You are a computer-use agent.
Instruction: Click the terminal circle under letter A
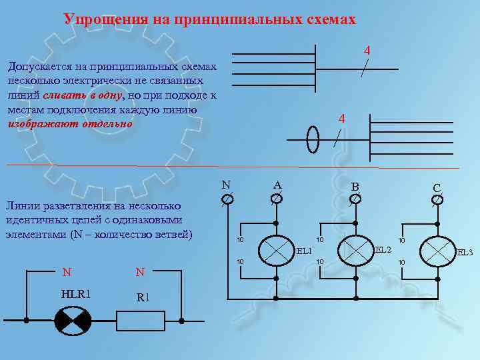coord(276,198)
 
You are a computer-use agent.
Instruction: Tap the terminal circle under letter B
coord(355,198)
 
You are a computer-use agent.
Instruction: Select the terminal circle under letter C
coord(437,199)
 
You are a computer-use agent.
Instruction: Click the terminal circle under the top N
coord(227,199)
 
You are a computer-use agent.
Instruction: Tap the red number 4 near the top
coord(367,51)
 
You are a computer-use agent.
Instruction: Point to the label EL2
coord(383,250)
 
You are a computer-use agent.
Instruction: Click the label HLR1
coord(75,295)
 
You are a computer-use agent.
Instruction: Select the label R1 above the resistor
coord(143,297)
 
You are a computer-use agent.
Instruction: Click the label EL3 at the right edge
coord(465,253)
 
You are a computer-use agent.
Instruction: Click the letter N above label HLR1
coord(67,272)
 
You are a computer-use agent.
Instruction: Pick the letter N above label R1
coord(140,272)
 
